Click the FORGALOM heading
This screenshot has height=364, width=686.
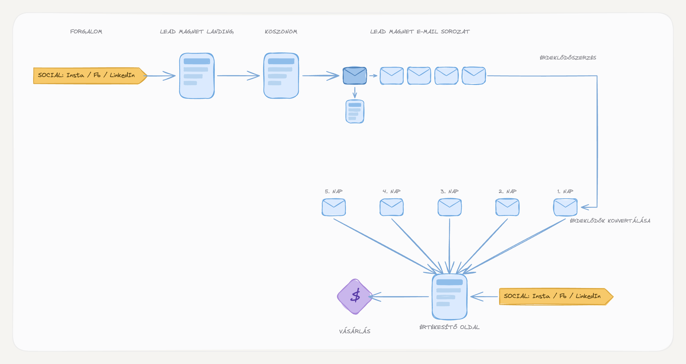coord(86,32)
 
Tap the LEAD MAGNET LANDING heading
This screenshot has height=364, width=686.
coord(197,32)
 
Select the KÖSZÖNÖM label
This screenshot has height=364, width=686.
coord(281,31)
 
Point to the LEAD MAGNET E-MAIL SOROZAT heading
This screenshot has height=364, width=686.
coord(420,32)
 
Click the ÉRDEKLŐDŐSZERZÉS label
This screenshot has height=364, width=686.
coord(568,58)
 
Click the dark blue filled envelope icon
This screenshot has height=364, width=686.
coord(355,75)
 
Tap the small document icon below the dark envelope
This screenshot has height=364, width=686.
coord(355,112)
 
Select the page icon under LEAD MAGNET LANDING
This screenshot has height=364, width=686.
coord(197,76)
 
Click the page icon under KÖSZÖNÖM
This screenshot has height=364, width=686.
coord(281,76)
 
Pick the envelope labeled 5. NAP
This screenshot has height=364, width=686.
coord(334,207)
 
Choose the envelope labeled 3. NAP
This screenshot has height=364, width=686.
coord(450,207)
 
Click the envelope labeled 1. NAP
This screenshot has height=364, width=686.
coord(565,207)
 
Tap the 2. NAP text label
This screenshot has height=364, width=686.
coord(508,191)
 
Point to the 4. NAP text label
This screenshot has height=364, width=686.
coord(391,191)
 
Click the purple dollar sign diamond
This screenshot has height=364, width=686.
coord(355,296)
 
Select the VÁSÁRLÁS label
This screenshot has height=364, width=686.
coord(355,331)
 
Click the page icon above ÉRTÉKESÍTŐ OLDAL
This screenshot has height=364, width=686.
coord(450,297)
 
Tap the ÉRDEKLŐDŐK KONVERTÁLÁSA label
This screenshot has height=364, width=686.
coord(610,221)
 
